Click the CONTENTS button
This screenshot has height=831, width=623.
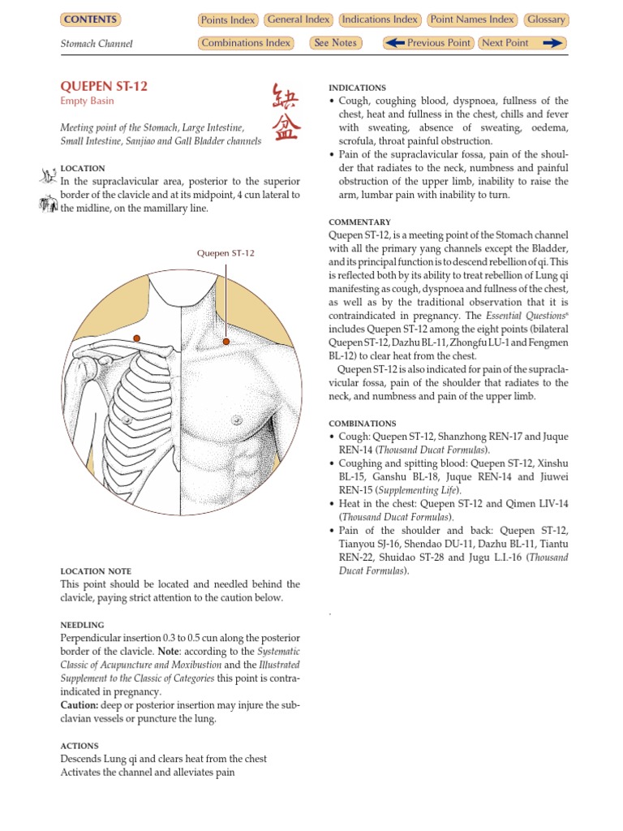click(90, 19)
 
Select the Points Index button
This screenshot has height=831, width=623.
click(228, 20)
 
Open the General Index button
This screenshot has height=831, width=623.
click(298, 19)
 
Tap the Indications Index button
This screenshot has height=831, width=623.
click(380, 19)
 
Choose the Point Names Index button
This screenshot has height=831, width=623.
click(472, 19)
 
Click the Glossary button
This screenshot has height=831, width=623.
click(546, 19)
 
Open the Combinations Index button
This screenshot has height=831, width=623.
click(246, 43)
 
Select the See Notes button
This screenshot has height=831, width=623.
click(336, 43)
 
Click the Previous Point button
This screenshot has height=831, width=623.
click(428, 43)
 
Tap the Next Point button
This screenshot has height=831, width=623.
click(522, 43)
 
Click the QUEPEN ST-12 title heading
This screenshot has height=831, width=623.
click(104, 86)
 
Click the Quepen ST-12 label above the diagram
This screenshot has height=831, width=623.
click(226, 253)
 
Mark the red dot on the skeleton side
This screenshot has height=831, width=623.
click(137, 338)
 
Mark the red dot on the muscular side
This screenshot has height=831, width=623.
click(226, 341)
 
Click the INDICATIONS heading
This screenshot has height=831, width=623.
click(357, 88)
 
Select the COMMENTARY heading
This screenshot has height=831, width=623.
click(359, 222)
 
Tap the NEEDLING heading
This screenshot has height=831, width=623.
click(82, 625)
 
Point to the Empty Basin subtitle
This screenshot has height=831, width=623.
click(88, 101)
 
